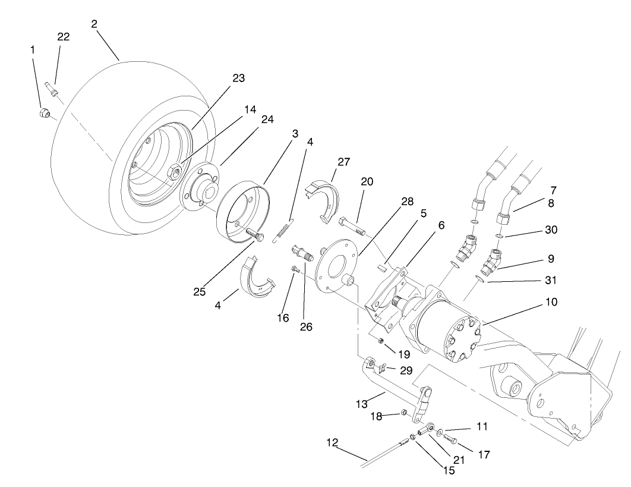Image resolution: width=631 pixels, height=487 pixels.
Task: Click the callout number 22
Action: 63,37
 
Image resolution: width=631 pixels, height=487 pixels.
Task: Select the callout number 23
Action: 222,78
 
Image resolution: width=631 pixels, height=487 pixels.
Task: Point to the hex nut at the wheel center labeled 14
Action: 173,172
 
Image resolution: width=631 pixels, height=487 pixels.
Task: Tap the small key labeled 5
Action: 383,268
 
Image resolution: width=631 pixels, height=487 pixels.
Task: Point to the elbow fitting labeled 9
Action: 493,262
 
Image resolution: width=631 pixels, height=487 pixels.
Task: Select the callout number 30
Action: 551,230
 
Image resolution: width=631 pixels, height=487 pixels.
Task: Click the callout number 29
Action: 405,371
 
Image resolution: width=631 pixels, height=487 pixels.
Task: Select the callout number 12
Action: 332,442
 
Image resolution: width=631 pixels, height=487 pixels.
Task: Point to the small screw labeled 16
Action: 295,270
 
